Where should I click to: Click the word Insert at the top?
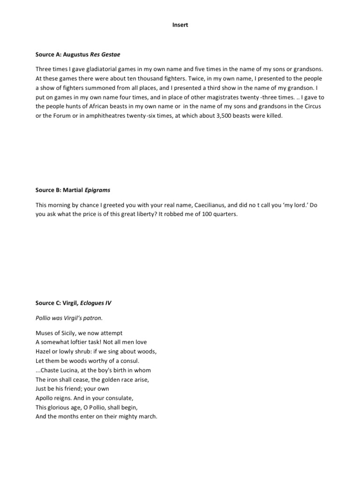tap(180, 25)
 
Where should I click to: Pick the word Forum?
tap(60, 116)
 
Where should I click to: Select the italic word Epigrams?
tap(99, 190)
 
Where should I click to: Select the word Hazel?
tap(44, 351)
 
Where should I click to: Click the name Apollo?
tap(45, 397)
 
